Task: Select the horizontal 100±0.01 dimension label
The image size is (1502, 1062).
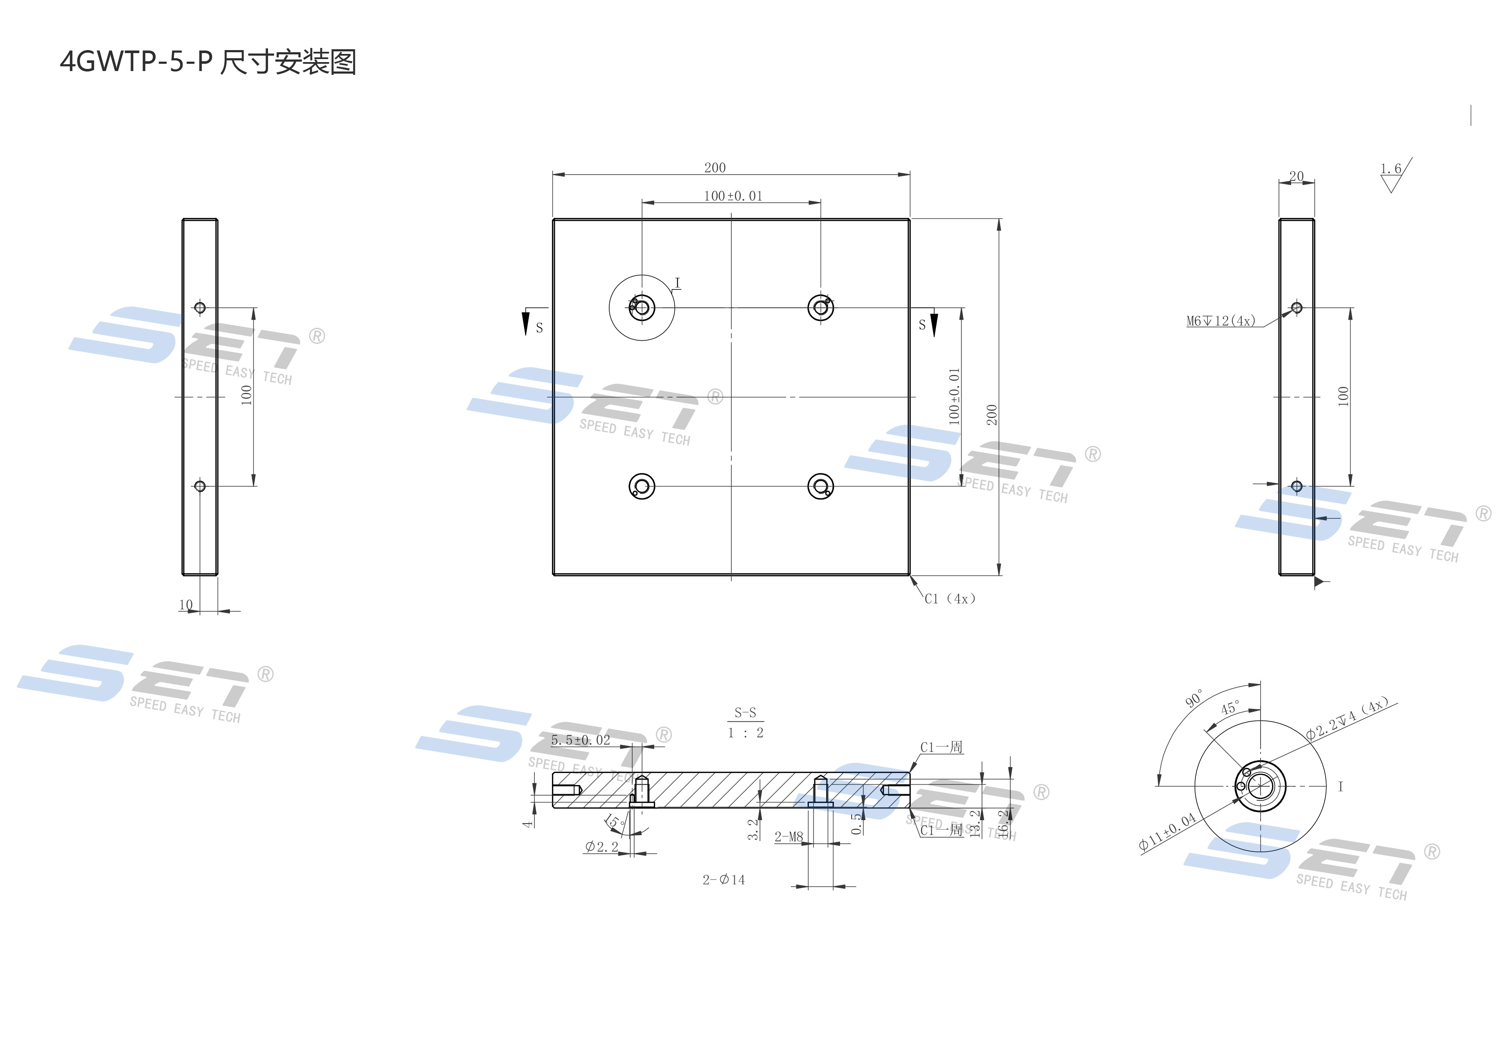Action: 733,196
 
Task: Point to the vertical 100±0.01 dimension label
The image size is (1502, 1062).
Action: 954,396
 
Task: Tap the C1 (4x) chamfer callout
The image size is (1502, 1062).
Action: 949,599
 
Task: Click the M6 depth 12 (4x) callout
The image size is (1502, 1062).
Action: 1221,321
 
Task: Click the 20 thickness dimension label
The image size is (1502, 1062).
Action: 1296,176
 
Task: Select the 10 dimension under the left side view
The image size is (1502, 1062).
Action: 186,605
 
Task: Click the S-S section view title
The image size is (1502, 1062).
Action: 745,713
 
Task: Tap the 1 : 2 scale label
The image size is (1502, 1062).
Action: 745,733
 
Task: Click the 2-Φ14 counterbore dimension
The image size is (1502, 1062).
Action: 724,880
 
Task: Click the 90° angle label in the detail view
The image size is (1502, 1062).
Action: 1194,699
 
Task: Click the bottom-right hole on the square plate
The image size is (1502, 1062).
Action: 820,487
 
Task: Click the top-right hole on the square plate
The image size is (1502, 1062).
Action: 820,307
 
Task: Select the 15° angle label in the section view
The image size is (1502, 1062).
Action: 614,821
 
